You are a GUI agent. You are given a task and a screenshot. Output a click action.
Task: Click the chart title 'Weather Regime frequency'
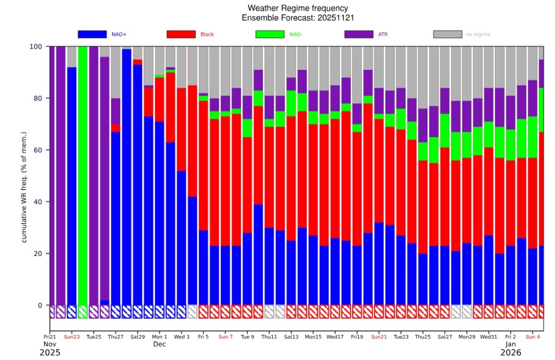tap(298, 8)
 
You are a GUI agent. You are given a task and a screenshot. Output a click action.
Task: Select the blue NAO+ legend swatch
tap(92, 34)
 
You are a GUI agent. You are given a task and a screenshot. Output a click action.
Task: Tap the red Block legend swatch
tap(181, 34)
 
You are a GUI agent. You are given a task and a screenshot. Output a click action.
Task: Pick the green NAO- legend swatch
tap(270, 34)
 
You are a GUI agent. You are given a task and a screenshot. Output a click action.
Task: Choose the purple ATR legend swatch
tap(359, 34)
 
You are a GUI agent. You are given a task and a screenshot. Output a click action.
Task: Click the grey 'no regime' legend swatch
tap(447, 34)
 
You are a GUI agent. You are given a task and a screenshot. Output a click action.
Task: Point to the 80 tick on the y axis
tap(37, 98)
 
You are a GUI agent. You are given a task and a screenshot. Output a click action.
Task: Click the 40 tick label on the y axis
tap(37, 202)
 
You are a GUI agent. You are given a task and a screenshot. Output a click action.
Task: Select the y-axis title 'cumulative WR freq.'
tap(24, 204)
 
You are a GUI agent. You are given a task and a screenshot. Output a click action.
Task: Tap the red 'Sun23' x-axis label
tap(72, 337)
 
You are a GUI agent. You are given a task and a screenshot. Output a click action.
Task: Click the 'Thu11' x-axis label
tap(269, 337)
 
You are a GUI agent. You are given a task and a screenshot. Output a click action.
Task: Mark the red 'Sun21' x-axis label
tap(379, 337)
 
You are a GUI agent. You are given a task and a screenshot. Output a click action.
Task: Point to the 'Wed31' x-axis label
tap(488, 337)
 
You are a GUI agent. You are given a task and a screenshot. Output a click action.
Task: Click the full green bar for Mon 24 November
tap(83, 176)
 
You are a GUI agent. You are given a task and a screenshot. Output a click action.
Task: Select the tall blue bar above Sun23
tap(72, 186)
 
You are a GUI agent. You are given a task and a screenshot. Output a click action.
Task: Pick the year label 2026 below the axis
tap(511, 352)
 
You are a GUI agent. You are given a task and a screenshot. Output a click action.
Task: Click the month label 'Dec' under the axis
tap(160, 344)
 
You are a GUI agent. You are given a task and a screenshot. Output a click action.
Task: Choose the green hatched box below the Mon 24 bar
tap(83, 312)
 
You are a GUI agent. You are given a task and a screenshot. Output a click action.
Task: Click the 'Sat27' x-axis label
tap(444, 337)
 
